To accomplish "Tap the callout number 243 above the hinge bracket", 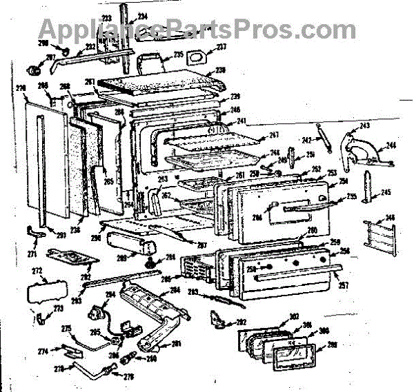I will point(365,126).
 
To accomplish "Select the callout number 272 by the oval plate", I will point(37,270).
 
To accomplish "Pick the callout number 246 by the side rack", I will point(391,218).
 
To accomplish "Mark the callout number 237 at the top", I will point(222,47).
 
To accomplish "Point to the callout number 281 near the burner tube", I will point(176,345).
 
